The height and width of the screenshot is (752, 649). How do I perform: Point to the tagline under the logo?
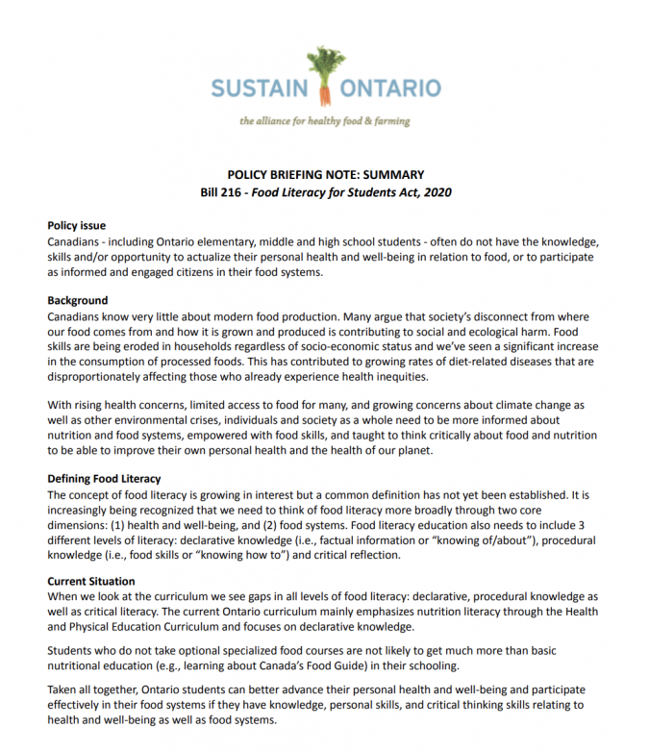(x=325, y=121)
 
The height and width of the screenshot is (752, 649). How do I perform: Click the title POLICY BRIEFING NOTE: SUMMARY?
(x=325, y=175)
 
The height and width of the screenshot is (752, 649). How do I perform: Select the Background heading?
(x=78, y=301)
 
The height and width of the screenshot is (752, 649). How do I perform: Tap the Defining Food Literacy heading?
(x=104, y=479)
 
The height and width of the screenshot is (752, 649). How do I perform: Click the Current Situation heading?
(x=91, y=582)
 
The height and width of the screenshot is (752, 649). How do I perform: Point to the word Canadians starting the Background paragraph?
(x=78, y=316)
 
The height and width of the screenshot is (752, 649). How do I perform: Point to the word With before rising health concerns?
(x=61, y=406)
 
